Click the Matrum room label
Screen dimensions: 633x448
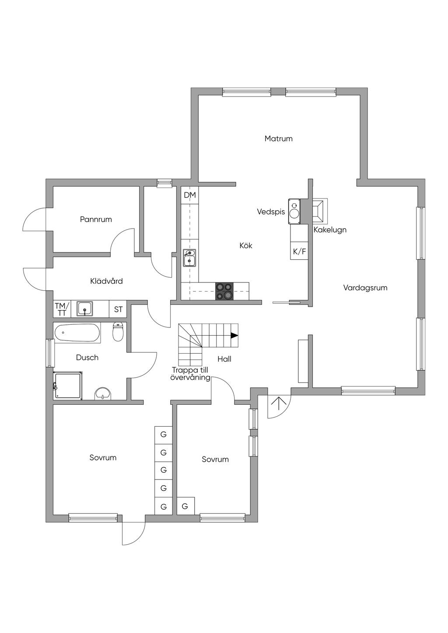click(x=278, y=139)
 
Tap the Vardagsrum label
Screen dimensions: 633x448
click(x=365, y=288)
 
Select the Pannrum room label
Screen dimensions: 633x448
click(x=96, y=219)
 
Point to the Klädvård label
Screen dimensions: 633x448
click(x=106, y=281)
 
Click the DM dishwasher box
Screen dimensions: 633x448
click(x=190, y=195)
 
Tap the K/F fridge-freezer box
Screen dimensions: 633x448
click(x=299, y=251)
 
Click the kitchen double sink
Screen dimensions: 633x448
click(x=189, y=258)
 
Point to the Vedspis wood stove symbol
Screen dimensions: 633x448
click(x=294, y=211)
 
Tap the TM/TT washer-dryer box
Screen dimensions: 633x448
click(x=62, y=309)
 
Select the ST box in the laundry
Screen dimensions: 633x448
click(x=118, y=310)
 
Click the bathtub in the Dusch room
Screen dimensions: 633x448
click(x=77, y=333)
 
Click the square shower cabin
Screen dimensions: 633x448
click(x=68, y=385)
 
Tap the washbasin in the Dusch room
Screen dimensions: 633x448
click(x=103, y=393)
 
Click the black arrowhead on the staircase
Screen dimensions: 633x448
click(x=234, y=335)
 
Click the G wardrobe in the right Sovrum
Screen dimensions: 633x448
click(x=185, y=506)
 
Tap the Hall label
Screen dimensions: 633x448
click(x=224, y=359)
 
